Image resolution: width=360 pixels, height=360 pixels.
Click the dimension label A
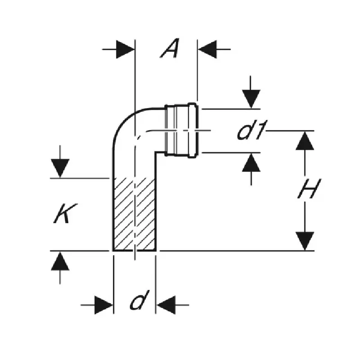click(x=170, y=49)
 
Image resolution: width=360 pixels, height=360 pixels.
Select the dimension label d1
click(x=252, y=130)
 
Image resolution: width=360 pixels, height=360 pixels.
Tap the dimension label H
click(x=309, y=189)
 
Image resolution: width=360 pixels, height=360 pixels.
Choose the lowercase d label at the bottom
click(x=139, y=300)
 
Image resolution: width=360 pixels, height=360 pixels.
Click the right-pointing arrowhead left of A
click(x=125, y=49)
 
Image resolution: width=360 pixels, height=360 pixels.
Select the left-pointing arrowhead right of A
click(x=207, y=49)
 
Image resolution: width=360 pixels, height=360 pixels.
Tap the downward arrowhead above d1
click(x=251, y=99)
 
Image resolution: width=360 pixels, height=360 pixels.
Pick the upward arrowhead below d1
click(x=251, y=162)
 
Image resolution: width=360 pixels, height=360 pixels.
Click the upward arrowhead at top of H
click(x=305, y=141)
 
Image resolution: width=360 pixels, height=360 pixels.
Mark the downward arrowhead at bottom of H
click(x=305, y=241)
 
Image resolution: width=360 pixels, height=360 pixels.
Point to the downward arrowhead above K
click(x=60, y=168)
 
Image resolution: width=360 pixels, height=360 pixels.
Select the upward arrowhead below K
click(x=60, y=261)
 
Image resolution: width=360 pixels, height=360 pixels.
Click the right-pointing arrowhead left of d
click(x=104, y=305)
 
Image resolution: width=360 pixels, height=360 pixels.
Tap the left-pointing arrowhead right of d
click(x=166, y=305)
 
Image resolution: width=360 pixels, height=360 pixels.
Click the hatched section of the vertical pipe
click(x=135, y=214)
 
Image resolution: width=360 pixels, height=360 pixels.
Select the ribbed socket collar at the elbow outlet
click(x=181, y=130)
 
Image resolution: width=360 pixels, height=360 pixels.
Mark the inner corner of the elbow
click(x=156, y=152)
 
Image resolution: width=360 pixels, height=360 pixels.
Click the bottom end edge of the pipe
click(x=135, y=251)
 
